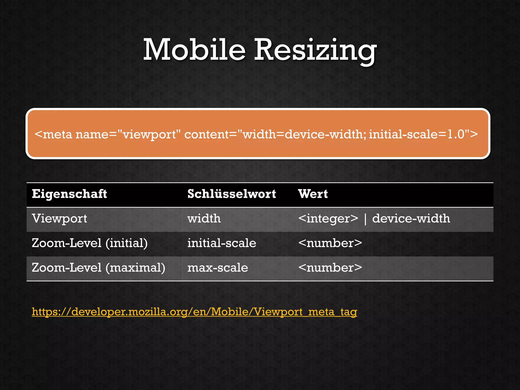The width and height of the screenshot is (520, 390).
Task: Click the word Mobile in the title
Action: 194,50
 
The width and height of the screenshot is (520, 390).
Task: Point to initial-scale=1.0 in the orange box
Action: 417,134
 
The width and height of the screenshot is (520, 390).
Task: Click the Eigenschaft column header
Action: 69,194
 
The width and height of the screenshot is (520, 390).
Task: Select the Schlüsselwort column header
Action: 232,194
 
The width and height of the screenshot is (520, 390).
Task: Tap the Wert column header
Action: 313,194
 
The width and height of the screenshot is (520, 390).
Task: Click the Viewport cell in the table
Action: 59,219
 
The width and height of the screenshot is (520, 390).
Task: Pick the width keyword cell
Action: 204,219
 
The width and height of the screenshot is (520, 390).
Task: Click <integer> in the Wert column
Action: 328,219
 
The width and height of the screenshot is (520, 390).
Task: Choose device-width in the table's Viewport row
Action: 411,219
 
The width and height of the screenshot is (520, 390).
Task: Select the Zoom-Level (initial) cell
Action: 90,243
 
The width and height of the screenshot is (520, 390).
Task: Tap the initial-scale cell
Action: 222,243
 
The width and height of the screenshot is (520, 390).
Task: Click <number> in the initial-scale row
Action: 330,243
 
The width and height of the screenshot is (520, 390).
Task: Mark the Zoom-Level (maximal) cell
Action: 99,268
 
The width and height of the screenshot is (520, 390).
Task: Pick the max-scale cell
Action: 218,268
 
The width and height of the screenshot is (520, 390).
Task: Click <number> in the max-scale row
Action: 330,268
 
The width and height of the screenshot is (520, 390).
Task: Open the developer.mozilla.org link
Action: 194,312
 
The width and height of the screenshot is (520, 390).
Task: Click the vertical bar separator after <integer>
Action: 365,219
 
